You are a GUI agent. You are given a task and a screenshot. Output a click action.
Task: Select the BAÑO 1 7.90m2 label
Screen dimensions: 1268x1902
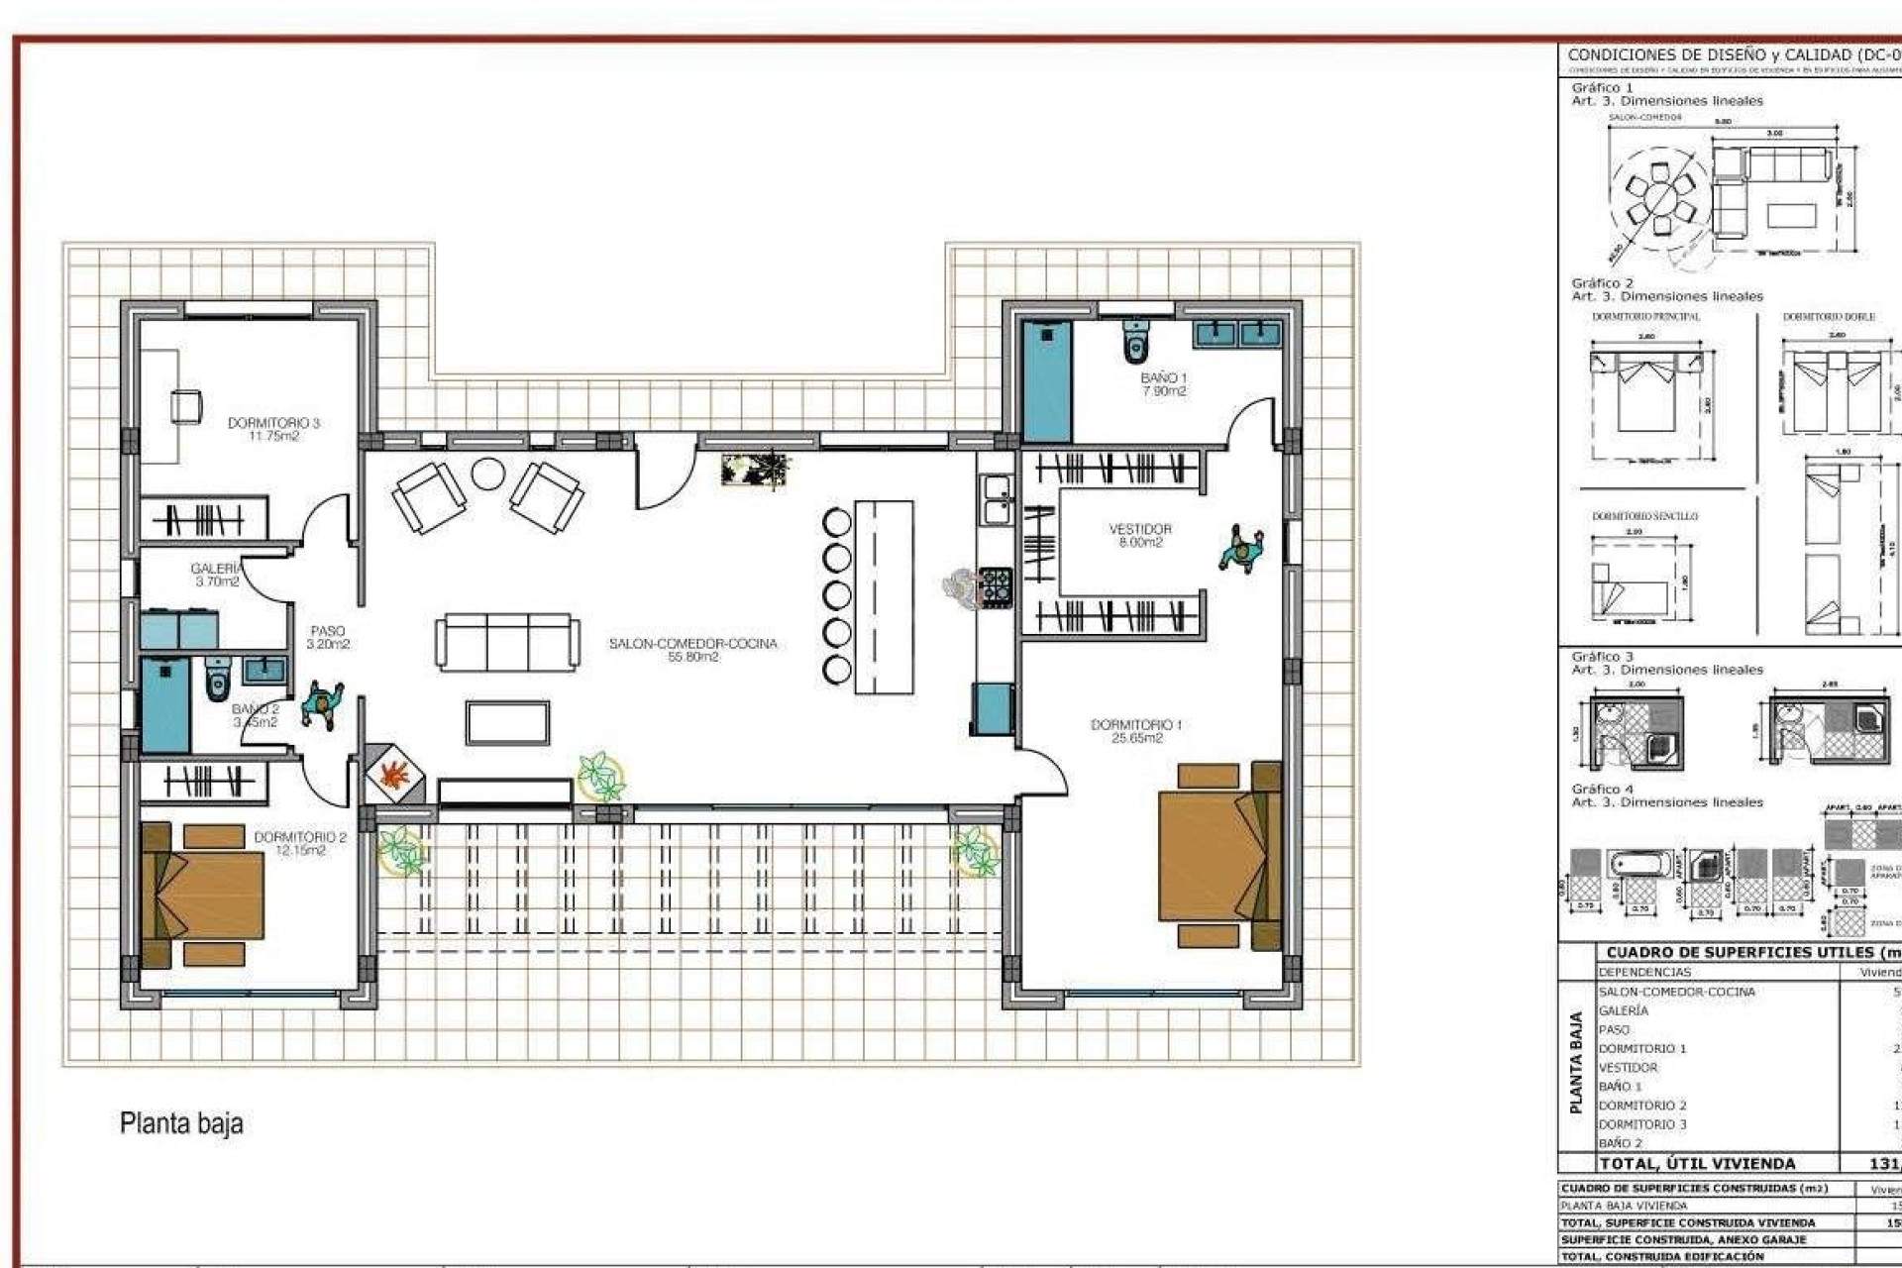(x=1163, y=384)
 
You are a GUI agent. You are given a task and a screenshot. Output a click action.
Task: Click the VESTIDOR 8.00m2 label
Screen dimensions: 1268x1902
(x=1140, y=535)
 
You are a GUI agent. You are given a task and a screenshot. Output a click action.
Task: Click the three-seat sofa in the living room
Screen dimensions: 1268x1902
(x=507, y=642)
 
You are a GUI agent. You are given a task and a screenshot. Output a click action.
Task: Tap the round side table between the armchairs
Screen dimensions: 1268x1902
(x=487, y=474)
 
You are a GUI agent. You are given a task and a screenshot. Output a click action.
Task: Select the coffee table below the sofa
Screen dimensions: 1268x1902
(x=507, y=721)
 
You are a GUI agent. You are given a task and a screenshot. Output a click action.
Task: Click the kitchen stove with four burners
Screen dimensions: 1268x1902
(x=995, y=586)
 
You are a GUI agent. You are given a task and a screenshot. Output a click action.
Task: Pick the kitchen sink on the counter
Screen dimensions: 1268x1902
(x=995, y=499)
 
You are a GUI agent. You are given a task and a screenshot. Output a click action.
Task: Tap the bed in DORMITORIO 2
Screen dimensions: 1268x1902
(x=203, y=894)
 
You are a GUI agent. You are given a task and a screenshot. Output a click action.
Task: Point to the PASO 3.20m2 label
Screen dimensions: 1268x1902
(x=328, y=637)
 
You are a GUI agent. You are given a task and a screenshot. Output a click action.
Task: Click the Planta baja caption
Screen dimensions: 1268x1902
(x=181, y=1123)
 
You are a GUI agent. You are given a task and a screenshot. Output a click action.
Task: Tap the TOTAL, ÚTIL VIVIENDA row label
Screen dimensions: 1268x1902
(x=1697, y=1164)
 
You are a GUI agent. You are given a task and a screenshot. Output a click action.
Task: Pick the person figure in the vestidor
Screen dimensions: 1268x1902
(x=1240, y=549)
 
